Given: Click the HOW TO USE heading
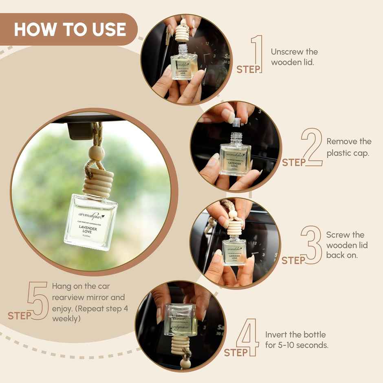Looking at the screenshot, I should pyautogui.click(x=70, y=29).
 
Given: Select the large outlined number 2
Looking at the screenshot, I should pyautogui.click(x=312, y=147).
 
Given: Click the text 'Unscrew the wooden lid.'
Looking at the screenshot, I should pyautogui.click(x=294, y=57).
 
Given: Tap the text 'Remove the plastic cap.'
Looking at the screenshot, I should pyautogui.click(x=349, y=147).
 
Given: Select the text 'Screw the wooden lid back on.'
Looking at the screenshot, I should pyautogui.click(x=347, y=245).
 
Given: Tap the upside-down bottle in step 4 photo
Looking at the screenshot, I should pyautogui.click(x=180, y=319).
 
